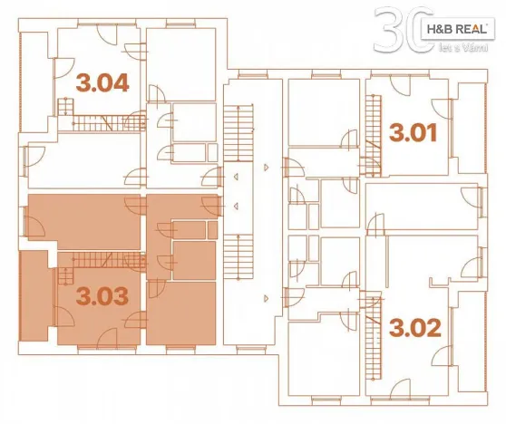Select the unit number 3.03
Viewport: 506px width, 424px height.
(x=102, y=296)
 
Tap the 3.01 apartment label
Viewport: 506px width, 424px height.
(x=414, y=134)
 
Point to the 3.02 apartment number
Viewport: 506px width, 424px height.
(x=415, y=326)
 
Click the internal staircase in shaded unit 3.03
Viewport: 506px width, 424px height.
(x=95, y=261)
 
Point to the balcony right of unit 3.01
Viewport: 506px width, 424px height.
(x=471, y=128)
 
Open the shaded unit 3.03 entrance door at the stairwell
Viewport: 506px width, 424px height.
(x=211, y=207)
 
